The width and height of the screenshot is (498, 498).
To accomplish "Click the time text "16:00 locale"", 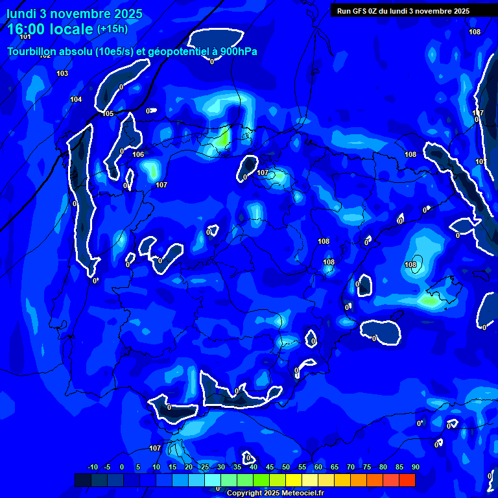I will tap(50, 29).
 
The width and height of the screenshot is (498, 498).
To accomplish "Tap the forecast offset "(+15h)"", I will tap(112, 29).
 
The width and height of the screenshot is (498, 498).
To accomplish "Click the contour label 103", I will tap(62, 73).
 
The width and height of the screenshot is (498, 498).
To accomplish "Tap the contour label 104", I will tap(76, 99).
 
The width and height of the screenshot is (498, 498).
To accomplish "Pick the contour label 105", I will tap(108, 113).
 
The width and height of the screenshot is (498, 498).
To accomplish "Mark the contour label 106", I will tap(138, 154).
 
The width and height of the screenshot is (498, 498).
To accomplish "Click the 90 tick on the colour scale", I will tap(415, 467).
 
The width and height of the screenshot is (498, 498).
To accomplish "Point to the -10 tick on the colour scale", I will tap(92, 467).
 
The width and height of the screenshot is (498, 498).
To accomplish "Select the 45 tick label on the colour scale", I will tap(269, 467).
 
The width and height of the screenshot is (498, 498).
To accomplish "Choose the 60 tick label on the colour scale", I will tap(318, 467).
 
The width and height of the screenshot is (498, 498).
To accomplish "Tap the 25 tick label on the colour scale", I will tap(204, 467).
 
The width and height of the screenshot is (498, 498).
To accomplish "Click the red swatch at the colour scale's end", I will tap(407, 480).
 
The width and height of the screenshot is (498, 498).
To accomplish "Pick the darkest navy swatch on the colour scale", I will tap(83, 480).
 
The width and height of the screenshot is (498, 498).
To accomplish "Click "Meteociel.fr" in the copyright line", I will tap(302, 493).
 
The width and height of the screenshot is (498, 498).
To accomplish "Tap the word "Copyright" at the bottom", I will tap(244, 493).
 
